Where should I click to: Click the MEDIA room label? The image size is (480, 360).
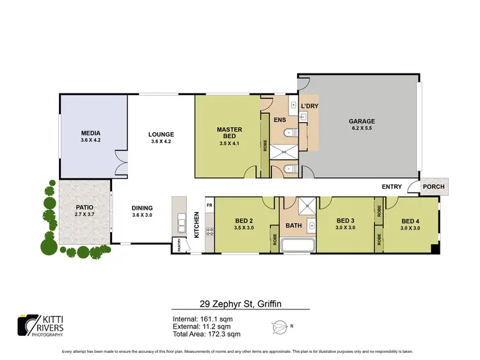point(87,133)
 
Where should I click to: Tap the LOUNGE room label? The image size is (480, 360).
point(161,134)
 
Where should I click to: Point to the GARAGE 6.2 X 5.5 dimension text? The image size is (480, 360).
point(362,129)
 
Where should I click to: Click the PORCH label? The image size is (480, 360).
point(433,187)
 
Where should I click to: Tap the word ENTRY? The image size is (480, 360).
point(392,187)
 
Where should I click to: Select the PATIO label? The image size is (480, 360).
point(76,207)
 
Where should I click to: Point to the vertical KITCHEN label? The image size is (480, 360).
point(197,225)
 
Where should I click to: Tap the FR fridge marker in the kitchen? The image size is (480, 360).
point(209,205)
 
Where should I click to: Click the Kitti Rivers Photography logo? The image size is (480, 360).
point(42,325)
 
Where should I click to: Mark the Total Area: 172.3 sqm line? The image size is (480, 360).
point(207,334)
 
